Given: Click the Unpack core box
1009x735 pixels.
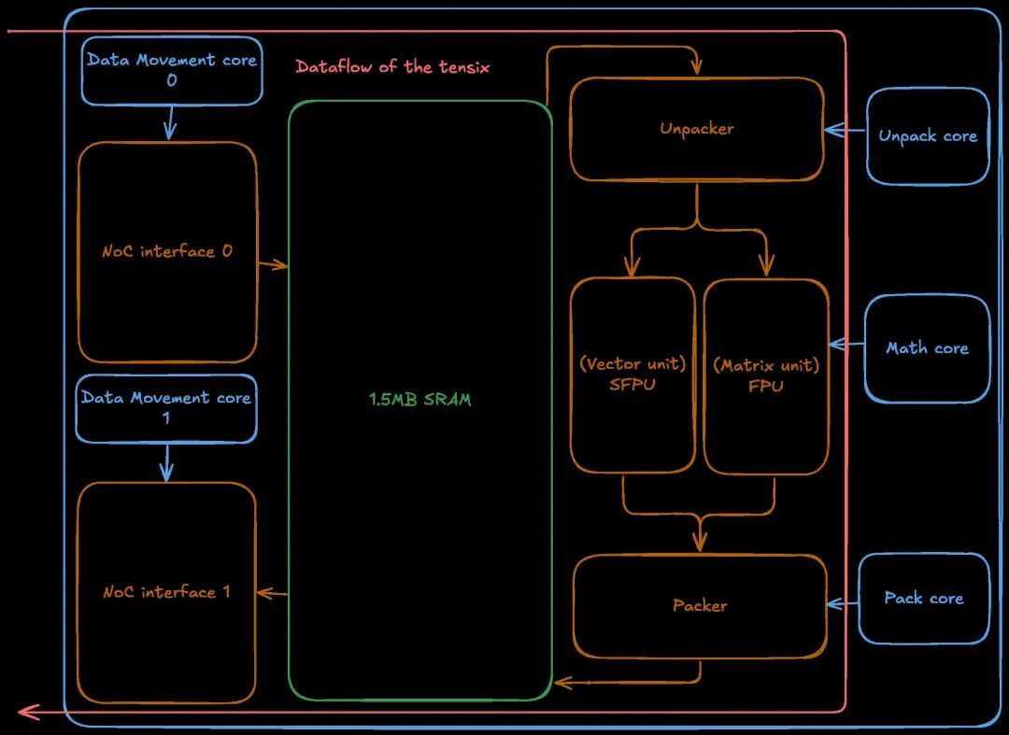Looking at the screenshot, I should [x=927, y=136].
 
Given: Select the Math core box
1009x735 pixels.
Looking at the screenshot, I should [x=927, y=348].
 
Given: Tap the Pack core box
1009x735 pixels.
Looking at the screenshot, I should [x=923, y=599].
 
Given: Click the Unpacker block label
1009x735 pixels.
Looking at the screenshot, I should [x=697, y=129].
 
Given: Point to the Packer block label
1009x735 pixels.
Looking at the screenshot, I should [x=700, y=606].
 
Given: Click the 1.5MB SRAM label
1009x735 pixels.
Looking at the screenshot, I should [x=420, y=400].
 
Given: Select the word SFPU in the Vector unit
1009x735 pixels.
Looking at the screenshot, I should [x=632, y=384].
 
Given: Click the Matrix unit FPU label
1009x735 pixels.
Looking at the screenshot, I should [x=766, y=375].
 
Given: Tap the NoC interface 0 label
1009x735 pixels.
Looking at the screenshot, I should [x=167, y=251].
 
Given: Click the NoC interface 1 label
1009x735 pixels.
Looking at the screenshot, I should [x=166, y=592].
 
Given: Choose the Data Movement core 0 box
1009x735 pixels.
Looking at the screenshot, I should [x=171, y=70].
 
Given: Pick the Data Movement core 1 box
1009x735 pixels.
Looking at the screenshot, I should [x=166, y=408].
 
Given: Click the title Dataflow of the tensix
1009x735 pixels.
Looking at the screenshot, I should [x=392, y=67].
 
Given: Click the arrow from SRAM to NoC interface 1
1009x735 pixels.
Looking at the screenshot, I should [x=272, y=593].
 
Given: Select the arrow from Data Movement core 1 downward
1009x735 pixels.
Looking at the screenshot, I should [x=167, y=462].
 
